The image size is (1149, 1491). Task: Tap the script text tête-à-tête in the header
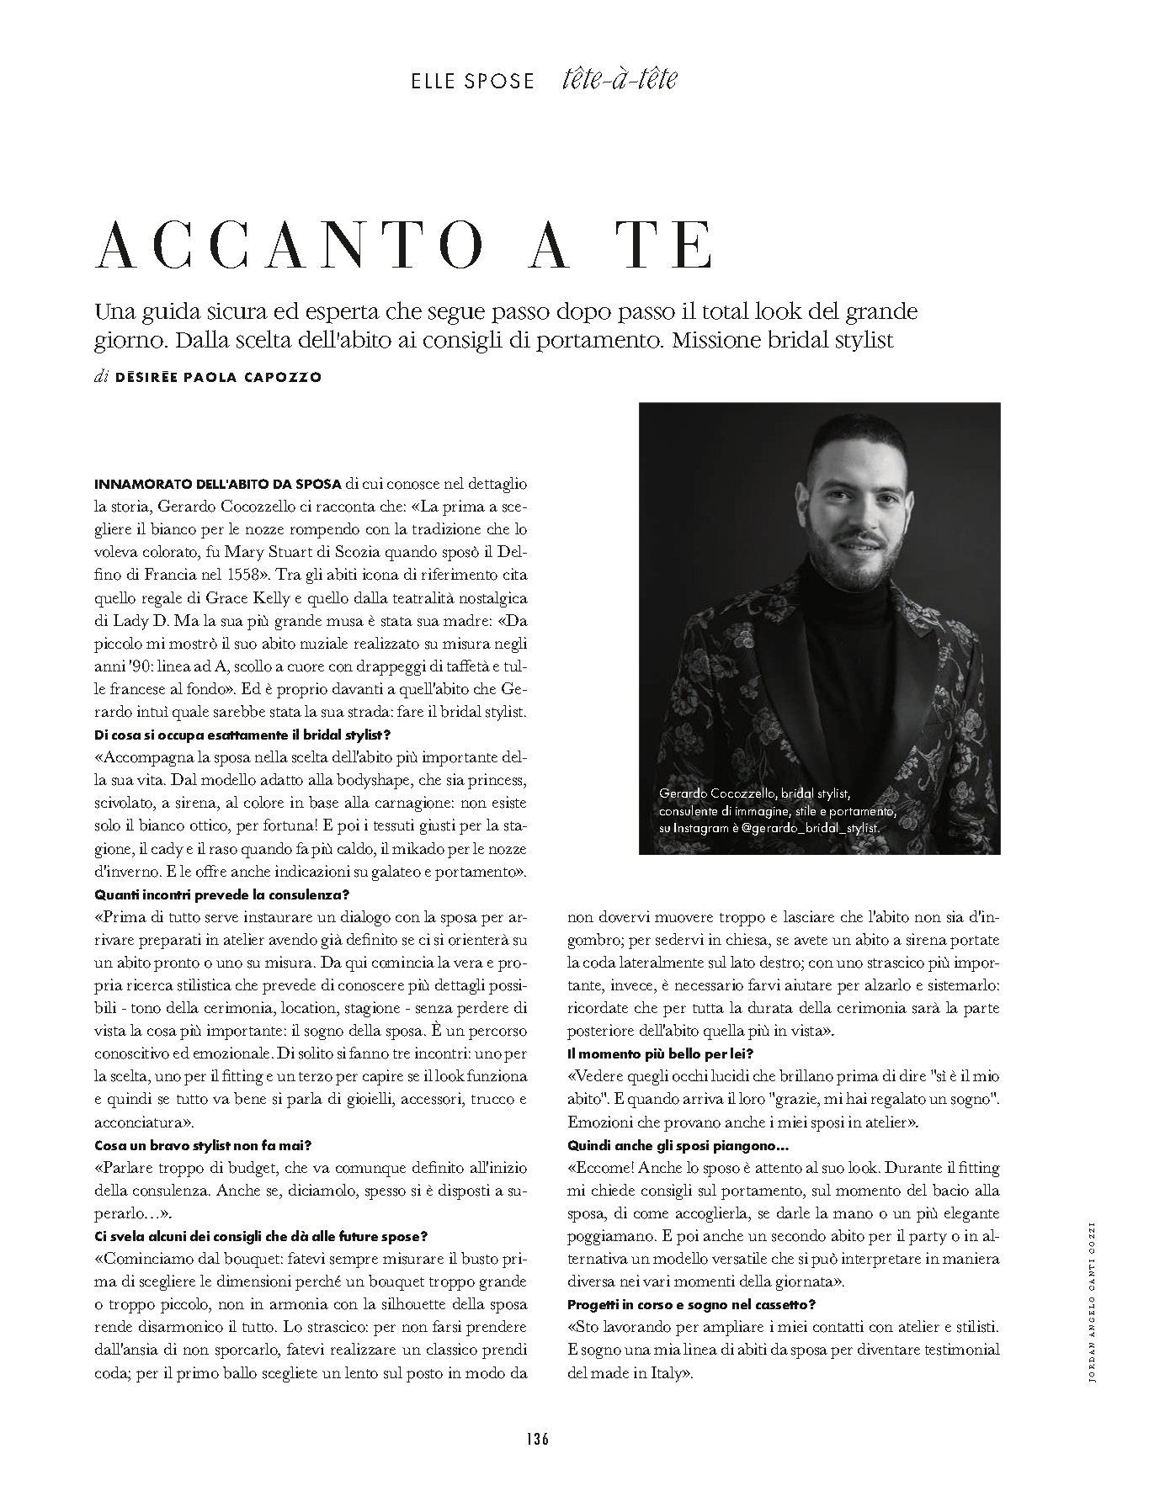(618, 80)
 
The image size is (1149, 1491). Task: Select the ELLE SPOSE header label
(472, 82)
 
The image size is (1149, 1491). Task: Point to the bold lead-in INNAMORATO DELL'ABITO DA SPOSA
(218, 485)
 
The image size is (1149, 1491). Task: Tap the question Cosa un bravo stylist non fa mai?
(205, 1145)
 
